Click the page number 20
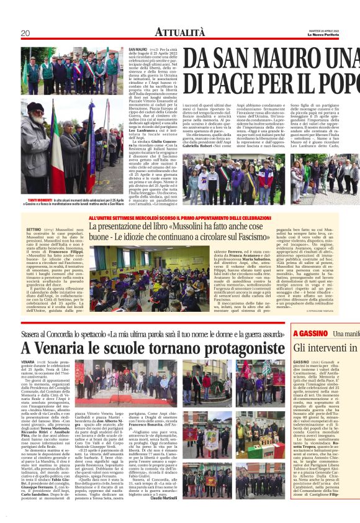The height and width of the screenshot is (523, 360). click(x=25, y=32)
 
